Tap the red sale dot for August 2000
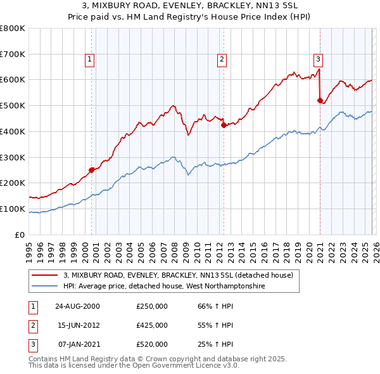[x=92, y=169]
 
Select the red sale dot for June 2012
[x=224, y=125]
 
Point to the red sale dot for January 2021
[x=320, y=100]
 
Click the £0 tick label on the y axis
[x=20, y=235]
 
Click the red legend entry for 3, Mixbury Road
[x=178, y=276]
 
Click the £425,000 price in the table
[x=152, y=325]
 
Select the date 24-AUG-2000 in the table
[x=77, y=306]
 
